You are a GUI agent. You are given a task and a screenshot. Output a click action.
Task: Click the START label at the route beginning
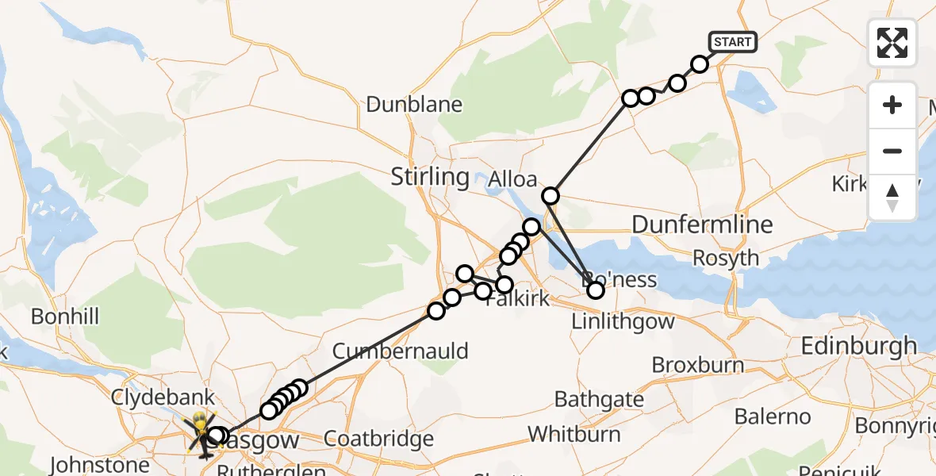click(x=732, y=41)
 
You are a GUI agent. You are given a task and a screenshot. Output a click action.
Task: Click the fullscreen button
click(x=892, y=42)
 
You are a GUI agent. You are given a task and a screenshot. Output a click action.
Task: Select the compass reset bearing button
click(x=892, y=198)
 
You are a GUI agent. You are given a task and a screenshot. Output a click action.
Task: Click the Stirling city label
click(x=430, y=176)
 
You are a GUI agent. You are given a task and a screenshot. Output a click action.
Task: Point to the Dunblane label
click(x=413, y=104)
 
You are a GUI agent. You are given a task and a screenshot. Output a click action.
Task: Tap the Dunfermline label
click(x=702, y=225)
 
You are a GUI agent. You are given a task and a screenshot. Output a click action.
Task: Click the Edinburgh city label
click(x=859, y=346)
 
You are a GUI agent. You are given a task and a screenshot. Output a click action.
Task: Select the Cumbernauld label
click(x=401, y=351)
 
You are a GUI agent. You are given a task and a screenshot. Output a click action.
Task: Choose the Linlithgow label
click(x=623, y=321)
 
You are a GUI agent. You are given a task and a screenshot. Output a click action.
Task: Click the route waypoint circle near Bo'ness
click(x=595, y=290)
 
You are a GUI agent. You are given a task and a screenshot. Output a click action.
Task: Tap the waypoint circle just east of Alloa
click(x=550, y=195)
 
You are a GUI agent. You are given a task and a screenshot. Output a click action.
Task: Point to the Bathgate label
click(x=600, y=398)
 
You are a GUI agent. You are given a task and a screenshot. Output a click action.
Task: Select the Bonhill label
click(x=65, y=317)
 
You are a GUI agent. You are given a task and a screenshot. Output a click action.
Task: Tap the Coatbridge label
click(x=379, y=439)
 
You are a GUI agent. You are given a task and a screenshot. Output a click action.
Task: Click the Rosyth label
click(x=725, y=258)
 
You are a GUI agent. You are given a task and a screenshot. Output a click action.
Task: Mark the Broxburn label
click(x=698, y=365)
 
